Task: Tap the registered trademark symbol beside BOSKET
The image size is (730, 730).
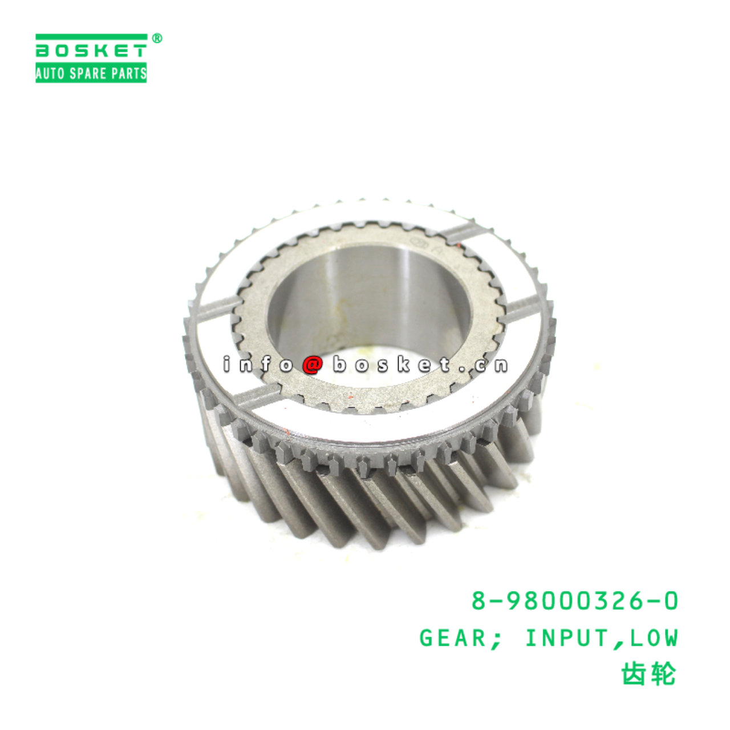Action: click(x=157, y=38)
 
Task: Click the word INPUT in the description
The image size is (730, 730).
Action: click(x=566, y=638)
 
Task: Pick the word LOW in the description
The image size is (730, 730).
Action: click(x=654, y=638)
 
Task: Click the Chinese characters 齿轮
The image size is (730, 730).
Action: click(x=647, y=675)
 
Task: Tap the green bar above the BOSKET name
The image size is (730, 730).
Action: click(x=91, y=36)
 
